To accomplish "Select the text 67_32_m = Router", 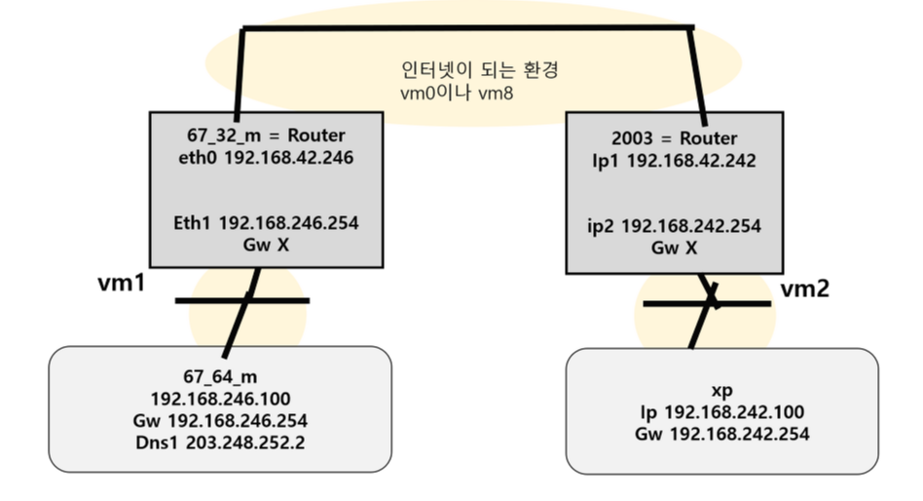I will tap(266, 135).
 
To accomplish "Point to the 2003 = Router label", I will tap(675, 138).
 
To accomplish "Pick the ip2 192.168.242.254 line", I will tap(676, 226).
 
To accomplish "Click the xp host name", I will tap(721, 389).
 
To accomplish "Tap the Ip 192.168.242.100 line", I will tap(721, 411).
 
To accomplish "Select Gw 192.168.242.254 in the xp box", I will tap(721, 434).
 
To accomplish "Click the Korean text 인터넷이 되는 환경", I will tap(466, 72).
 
